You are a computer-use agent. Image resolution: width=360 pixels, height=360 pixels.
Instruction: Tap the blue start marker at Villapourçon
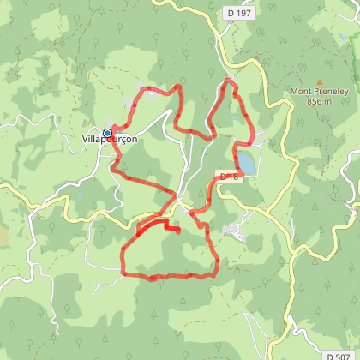(x=107, y=133)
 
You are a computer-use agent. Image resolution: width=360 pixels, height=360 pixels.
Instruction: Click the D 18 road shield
(x=228, y=177)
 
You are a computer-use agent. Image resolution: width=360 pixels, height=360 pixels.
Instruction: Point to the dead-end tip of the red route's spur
(x=177, y=230)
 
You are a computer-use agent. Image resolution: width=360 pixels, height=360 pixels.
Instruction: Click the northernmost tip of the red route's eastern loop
(x=228, y=81)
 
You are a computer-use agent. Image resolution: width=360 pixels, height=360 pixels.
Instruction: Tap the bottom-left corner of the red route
(x=123, y=273)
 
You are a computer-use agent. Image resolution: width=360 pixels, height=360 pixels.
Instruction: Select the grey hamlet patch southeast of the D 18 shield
(x=234, y=229)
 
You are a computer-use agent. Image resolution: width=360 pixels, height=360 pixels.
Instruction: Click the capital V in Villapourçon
(x=85, y=140)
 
